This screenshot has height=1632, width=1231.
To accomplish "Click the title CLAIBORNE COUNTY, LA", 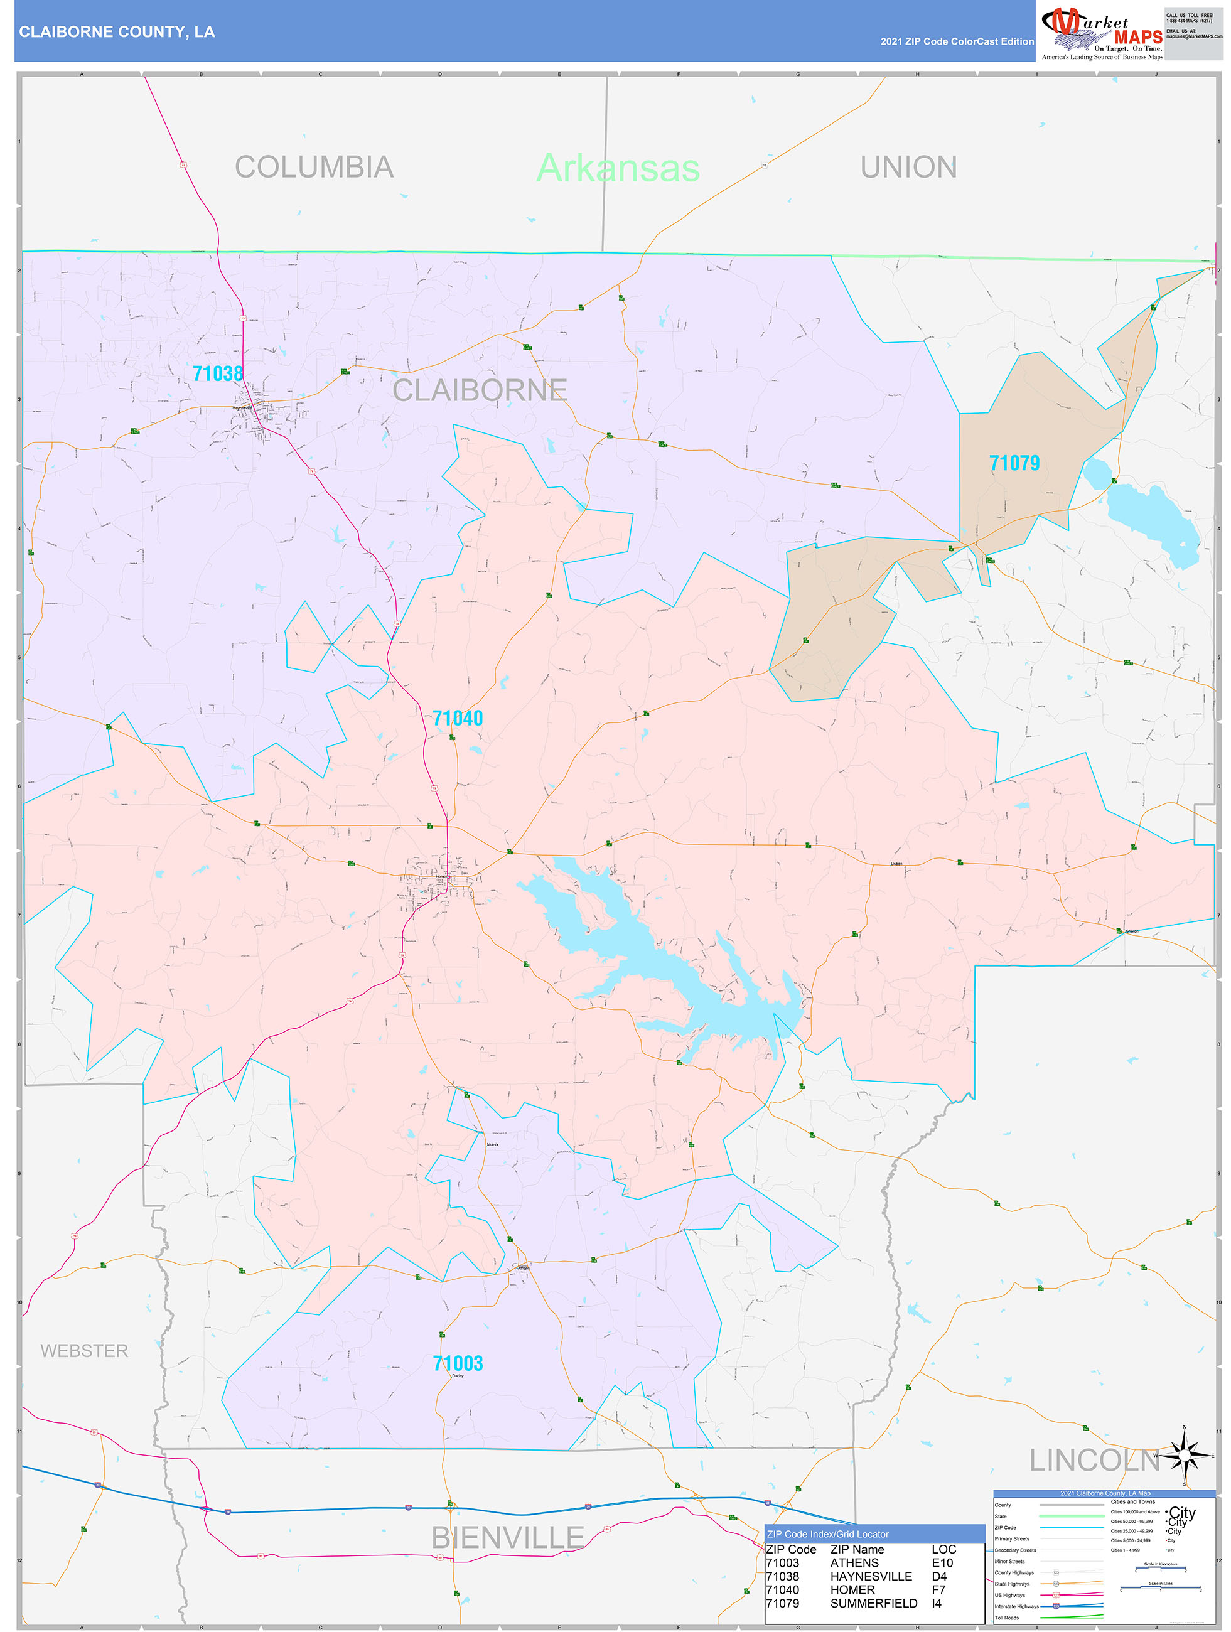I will [117, 32].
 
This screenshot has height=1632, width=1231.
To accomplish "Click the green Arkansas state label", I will [618, 168].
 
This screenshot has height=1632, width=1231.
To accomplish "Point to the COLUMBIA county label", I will [314, 167].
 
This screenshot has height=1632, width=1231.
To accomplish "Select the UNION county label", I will [908, 167].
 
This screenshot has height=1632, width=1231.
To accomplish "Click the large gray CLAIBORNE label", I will [480, 390].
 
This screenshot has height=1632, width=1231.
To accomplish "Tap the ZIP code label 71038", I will [218, 373].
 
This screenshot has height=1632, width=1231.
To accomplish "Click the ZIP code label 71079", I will [1014, 463].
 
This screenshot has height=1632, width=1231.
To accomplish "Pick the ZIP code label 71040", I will [458, 718].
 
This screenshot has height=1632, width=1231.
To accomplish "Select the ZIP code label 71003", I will [458, 1363].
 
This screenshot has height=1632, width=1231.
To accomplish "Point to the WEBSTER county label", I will [84, 1350].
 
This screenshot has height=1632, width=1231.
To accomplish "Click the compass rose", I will [1185, 1456].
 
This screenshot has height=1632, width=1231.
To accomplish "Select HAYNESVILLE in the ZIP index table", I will [871, 1576].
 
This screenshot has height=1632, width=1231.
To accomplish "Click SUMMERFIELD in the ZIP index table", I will [874, 1603].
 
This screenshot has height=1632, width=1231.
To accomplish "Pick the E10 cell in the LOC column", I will [942, 1563].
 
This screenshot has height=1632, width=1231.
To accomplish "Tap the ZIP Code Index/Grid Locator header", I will [827, 1534].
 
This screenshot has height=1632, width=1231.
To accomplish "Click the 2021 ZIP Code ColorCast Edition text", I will [957, 41].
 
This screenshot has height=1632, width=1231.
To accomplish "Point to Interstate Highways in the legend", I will [1016, 1606].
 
